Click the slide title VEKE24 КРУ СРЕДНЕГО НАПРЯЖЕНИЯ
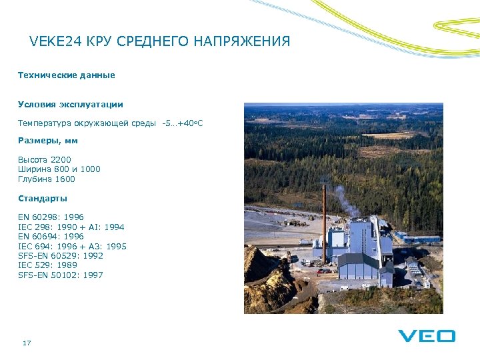(x=160, y=42)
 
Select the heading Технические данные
(x=66, y=75)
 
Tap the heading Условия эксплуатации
(x=70, y=105)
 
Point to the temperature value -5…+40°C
(x=182, y=123)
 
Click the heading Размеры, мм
(x=48, y=140)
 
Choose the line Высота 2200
(x=44, y=159)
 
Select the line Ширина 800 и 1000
(x=59, y=169)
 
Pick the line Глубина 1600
(x=47, y=179)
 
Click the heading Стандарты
(x=43, y=199)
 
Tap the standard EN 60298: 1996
(x=51, y=217)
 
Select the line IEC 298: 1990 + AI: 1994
(x=71, y=227)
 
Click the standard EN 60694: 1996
(x=51, y=237)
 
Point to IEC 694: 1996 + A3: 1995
(x=72, y=247)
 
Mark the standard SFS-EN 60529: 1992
(x=61, y=256)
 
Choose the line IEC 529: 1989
(x=47, y=265)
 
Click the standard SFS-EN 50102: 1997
(x=61, y=275)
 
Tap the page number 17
(x=27, y=343)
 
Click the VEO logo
(x=427, y=336)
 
